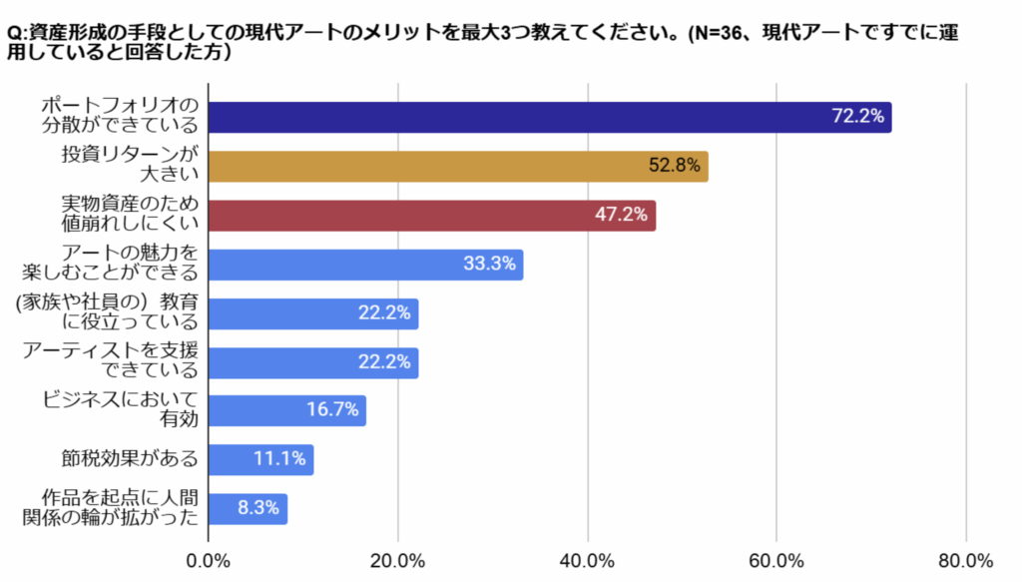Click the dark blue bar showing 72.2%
(549, 117)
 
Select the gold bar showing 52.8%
(458, 166)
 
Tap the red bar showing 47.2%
(431, 215)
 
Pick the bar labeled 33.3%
(365, 265)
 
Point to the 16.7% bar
(286, 410)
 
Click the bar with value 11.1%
(260, 459)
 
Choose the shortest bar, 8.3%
(248, 508)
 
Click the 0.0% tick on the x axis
(209, 560)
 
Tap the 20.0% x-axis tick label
(398, 560)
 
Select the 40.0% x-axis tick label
(588, 560)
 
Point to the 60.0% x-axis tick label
(777, 560)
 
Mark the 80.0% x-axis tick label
(966, 560)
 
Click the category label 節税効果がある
(129, 459)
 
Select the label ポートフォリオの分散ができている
(119, 116)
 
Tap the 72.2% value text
(857, 117)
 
